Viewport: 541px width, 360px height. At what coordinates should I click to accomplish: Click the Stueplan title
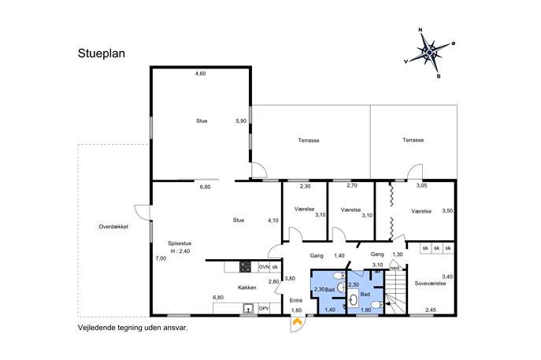(102, 54)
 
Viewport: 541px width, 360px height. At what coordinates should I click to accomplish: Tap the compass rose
(429, 53)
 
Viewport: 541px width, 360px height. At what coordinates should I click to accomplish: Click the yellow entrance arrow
(297, 322)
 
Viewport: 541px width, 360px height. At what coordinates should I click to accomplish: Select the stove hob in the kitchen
(246, 267)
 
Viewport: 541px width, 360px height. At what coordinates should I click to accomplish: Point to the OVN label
(264, 267)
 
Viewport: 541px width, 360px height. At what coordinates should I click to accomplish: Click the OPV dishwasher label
(264, 308)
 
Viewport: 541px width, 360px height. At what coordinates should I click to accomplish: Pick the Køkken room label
(247, 288)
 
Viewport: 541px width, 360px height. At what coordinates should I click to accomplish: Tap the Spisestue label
(180, 243)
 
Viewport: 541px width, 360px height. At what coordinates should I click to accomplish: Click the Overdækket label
(113, 227)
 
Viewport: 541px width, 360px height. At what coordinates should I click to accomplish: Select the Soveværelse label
(430, 284)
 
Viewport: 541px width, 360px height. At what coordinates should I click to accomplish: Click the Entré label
(296, 301)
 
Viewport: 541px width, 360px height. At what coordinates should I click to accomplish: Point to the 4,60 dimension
(201, 73)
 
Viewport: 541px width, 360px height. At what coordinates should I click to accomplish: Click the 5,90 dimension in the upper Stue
(241, 121)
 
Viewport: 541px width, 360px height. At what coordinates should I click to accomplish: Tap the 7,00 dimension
(161, 258)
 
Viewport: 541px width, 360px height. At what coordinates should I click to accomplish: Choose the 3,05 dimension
(421, 185)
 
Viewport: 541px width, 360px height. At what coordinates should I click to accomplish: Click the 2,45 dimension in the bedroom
(430, 310)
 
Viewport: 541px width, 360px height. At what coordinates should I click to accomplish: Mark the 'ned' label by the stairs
(395, 268)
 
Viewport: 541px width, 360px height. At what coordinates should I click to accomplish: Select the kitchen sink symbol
(248, 308)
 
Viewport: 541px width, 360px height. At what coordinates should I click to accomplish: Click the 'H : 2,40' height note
(180, 251)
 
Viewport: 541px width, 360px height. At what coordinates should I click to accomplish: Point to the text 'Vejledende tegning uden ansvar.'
(133, 328)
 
